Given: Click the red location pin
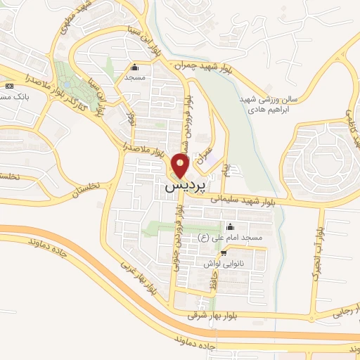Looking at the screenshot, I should (x=181, y=167).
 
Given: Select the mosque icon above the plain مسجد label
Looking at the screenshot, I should (x=135, y=68).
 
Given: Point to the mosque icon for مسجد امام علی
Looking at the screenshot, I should (x=230, y=227).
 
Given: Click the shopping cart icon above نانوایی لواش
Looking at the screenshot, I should (x=224, y=253).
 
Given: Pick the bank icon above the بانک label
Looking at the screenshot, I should (x=8, y=86).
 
